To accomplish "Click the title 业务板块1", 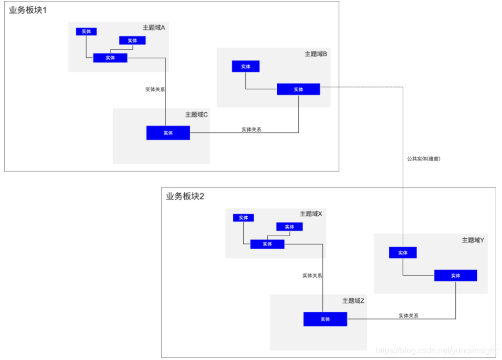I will click(x=28, y=10).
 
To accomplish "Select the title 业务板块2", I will click(x=185, y=196).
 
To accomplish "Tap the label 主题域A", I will click(x=154, y=28).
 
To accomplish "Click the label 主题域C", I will click(x=196, y=114).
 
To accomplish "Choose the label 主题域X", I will click(x=311, y=214).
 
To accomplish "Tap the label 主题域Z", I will click(x=353, y=301).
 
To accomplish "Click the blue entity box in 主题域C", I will click(x=168, y=133).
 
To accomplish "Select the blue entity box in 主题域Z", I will click(x=325, y=319).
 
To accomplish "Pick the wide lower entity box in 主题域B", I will click(x=298, y=89).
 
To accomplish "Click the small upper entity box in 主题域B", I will click(x=246, y=67).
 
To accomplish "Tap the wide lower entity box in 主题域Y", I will click(x=455, y=276).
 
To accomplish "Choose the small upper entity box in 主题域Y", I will click(x=403, y=253).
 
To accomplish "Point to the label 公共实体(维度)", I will click(x=423, y=158).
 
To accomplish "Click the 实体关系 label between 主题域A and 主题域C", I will click(x=155, y=89).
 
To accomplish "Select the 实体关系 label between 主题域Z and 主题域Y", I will click(x=409, y=315).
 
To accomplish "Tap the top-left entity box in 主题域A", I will click(x=86, y=31).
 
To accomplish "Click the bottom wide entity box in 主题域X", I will click(x=267, y=244).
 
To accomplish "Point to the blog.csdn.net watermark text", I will click(x=436, y=350).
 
